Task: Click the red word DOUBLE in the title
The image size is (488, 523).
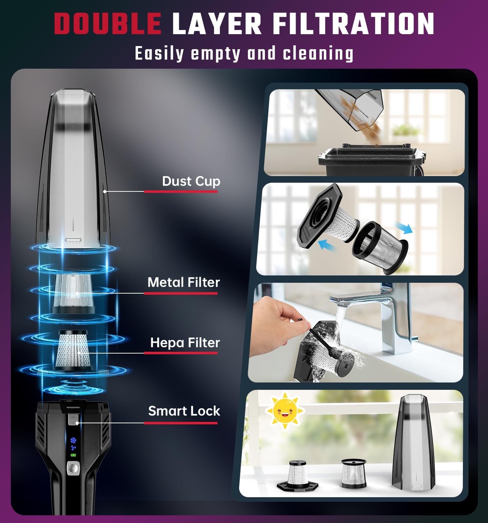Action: pyautogui.click(x=107, y=24)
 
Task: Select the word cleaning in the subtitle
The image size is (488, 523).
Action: pyautogui.click(x=318, y=54)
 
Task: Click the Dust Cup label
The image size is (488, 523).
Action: pyautogui.click(x=191, y=181)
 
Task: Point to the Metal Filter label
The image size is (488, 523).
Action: pyautogui.click(x=184, y=282)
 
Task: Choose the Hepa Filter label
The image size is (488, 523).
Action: pyautogui.click(x=185, y=343)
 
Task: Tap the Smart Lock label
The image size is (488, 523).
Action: pyautogui.click(x=184, y=411)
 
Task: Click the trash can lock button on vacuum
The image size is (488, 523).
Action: pyautogui.click(x=73, y=420)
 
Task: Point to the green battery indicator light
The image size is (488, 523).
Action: pyautogui.click(x=73, y=455)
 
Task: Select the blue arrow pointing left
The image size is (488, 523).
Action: pyautogui.click(x=328, y=244)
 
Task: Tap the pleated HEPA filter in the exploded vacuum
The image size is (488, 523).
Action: pyautogui.click(x=73, y=350)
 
